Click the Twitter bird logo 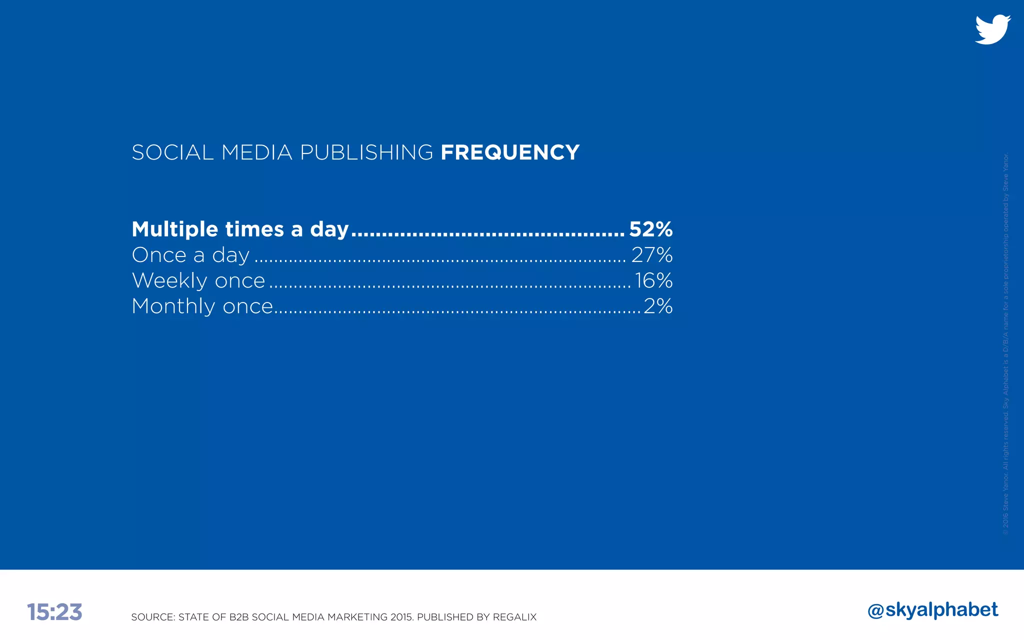992,30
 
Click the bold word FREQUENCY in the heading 509,152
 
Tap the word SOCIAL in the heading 172,152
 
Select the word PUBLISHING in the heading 366,152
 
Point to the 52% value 650,229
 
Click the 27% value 651,255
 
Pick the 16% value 653,280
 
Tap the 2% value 658,306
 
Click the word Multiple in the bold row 175,229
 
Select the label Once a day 190,255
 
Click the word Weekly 163,281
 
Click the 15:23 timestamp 54,612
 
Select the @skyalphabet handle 932,610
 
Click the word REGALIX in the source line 514,617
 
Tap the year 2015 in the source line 401,617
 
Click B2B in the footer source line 239,617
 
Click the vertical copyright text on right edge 1005,343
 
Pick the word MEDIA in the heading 256,152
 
